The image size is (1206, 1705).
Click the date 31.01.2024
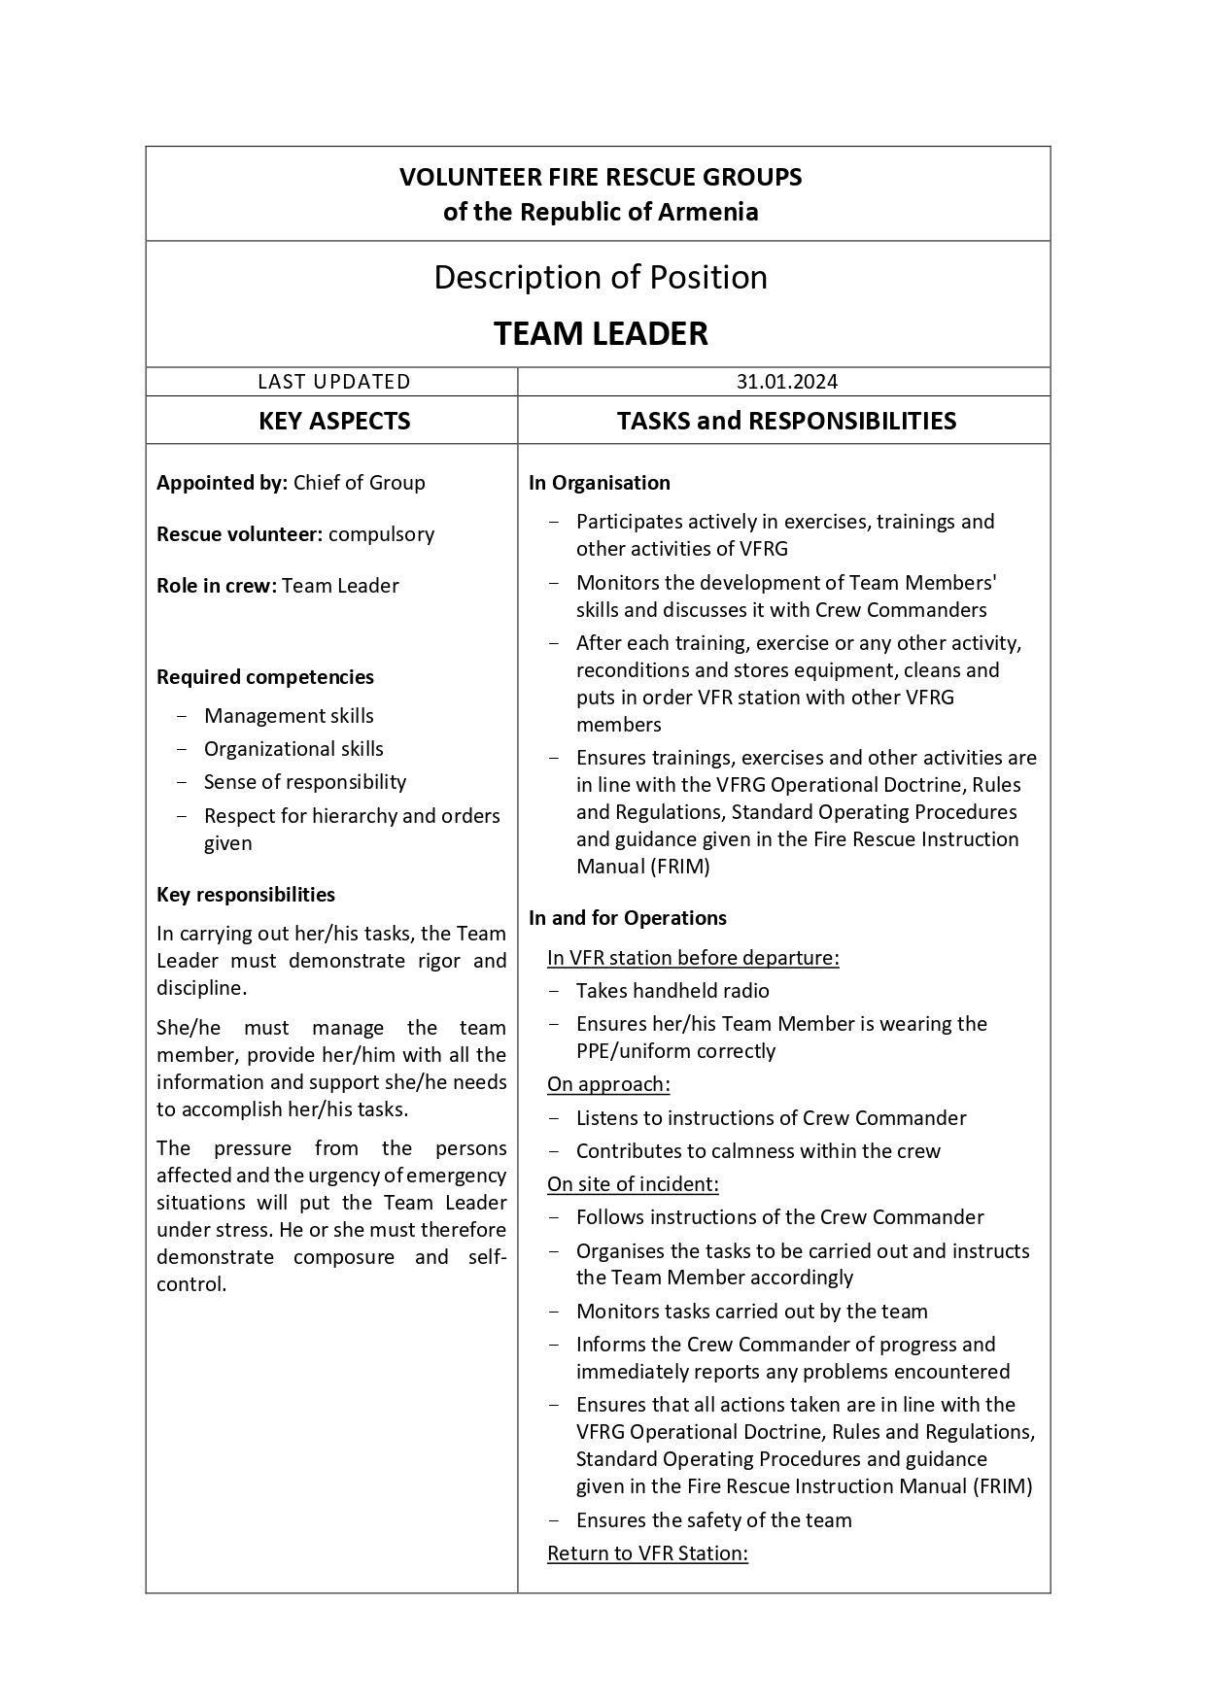(786, 382)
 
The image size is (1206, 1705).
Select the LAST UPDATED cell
(333, 382)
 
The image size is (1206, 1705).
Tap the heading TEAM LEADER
(601, 334)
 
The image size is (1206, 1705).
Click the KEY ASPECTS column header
(333, 421)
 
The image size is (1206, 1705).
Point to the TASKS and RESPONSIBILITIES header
(786, 421)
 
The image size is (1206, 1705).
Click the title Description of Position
(601, 278)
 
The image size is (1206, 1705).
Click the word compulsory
(381, 534)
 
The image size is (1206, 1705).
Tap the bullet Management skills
(289, 716)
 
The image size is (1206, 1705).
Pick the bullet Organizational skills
(293, 749)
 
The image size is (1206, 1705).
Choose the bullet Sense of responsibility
(305, 782)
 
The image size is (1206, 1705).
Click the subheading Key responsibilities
(246, 895)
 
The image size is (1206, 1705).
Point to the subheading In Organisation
(600, 483)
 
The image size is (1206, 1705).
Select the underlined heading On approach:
(608, 1084)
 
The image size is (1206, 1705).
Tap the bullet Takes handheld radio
(672, 991)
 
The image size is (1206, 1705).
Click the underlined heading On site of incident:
(633, 1184)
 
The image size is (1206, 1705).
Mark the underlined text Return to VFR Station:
(647, 1553)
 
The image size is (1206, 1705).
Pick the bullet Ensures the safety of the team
(713, 1520)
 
